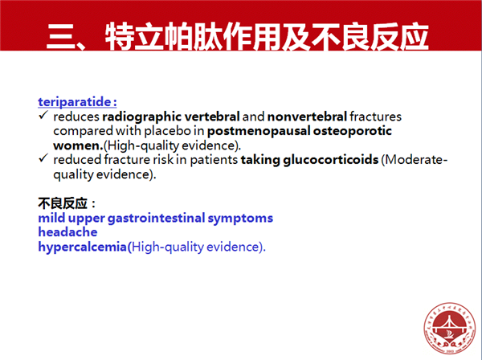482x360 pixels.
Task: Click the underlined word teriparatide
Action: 75,102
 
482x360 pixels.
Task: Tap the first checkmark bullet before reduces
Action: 43,115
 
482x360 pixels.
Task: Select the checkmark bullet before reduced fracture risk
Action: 43,158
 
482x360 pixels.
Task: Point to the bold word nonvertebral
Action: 307,117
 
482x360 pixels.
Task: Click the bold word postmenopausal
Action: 259,131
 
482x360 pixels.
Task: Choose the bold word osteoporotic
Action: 353,131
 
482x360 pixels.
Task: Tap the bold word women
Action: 78,145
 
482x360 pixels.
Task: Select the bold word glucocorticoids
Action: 331,160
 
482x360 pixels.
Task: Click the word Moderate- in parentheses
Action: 415,160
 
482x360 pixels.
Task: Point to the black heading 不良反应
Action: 63,203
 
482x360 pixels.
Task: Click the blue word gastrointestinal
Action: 156,219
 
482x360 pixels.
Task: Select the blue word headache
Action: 67,232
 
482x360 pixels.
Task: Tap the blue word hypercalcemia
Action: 83,247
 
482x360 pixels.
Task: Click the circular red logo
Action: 449,328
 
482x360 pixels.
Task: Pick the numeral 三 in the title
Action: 60,37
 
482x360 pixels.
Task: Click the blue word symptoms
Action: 240,219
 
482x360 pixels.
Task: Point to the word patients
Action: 214,160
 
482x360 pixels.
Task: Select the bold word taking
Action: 260,160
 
